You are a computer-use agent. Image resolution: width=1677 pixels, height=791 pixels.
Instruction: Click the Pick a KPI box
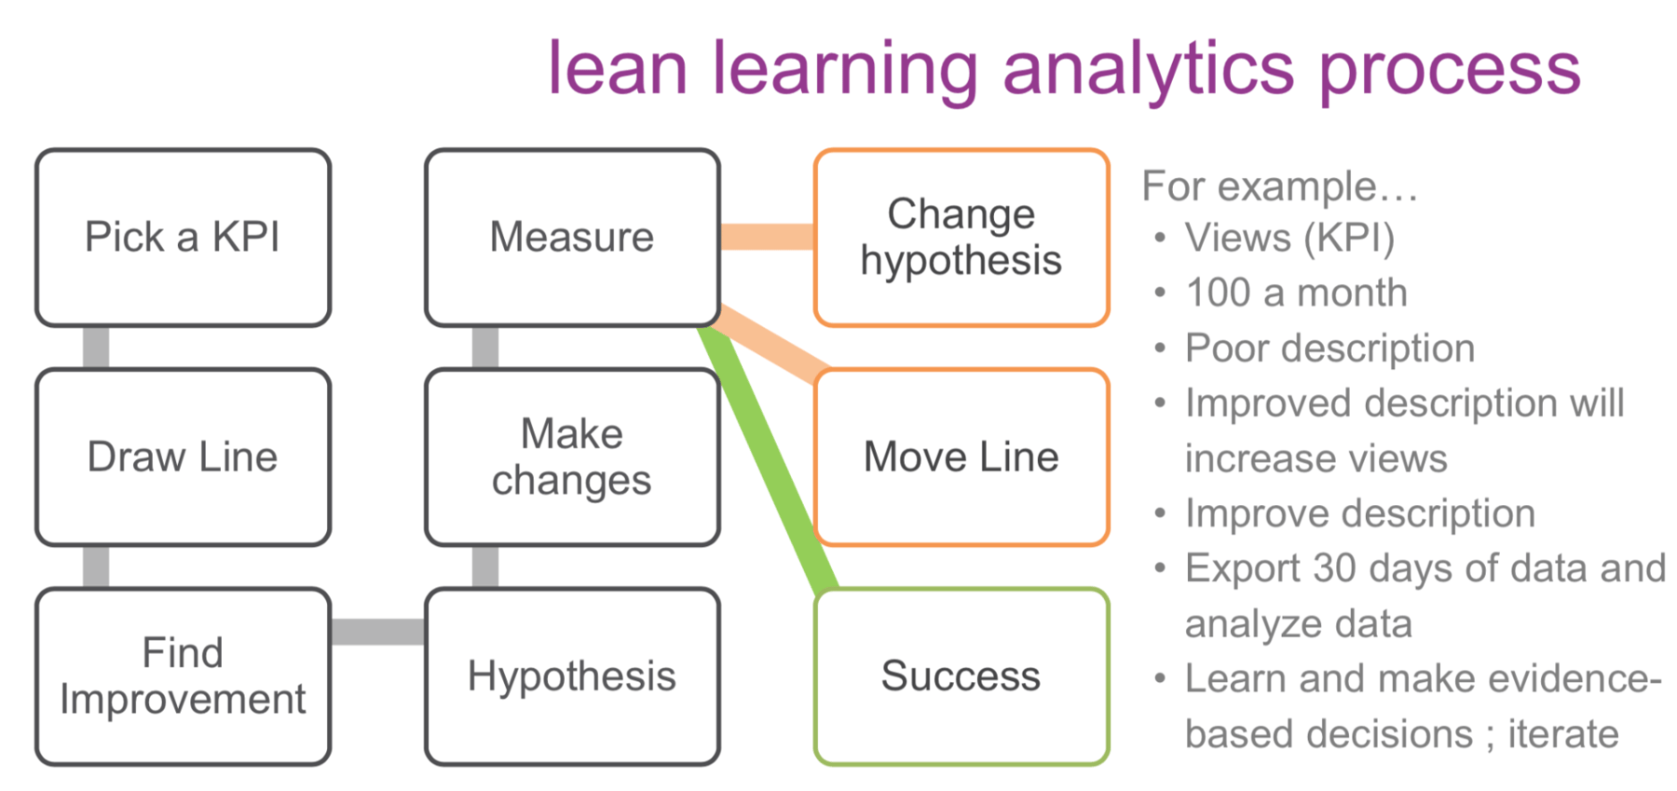183,238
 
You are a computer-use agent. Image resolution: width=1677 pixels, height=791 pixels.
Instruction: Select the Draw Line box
183,457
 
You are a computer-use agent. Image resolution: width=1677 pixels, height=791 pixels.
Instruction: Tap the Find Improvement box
183,676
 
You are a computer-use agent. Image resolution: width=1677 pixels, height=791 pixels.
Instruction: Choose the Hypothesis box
572,676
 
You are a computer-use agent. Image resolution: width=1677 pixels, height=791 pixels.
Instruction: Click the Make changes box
572,457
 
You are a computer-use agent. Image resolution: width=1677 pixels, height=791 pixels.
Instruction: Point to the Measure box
572,238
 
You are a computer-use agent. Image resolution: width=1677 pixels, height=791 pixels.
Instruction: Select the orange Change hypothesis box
961,238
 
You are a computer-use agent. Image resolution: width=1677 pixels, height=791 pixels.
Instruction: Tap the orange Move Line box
961,457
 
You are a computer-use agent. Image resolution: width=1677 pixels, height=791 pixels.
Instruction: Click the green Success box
961,676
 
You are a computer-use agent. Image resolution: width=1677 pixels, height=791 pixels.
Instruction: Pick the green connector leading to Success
769,457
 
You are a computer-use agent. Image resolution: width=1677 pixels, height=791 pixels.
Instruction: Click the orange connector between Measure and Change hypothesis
768,237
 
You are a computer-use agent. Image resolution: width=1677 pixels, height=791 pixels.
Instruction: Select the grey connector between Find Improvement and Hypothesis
377,632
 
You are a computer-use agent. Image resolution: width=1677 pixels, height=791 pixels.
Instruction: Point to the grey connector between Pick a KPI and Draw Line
96,348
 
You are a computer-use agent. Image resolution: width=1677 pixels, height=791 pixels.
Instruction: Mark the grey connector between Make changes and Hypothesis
485,566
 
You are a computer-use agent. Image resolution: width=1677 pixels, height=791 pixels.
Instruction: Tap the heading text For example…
1279,186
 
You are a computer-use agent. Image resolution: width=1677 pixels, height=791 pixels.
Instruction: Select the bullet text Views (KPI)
1289,239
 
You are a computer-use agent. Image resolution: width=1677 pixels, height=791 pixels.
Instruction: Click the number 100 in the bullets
1218,293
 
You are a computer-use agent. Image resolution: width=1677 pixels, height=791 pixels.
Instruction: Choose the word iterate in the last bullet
1563,734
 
